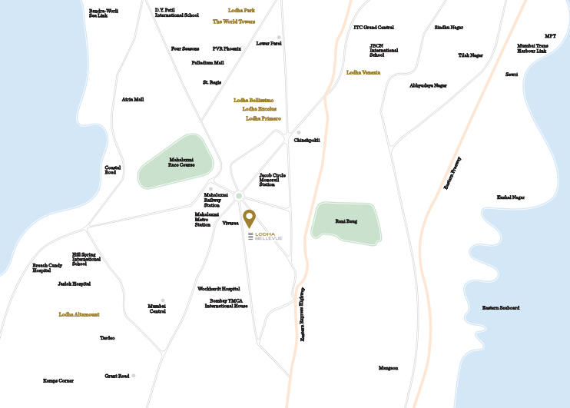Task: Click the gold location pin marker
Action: (250, 217)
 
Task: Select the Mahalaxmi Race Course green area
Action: (177, 163)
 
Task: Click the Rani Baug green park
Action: (346, 223)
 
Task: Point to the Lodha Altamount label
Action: (79, 314)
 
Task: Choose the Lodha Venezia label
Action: (363, 72)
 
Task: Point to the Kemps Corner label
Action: (59, 380)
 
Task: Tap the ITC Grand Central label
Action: (373, 27)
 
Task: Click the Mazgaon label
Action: (389, 368)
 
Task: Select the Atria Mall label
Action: (133, 99)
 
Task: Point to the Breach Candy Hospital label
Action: (47, 267)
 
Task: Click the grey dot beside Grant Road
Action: (133, 376)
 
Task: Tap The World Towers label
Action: (234, 22)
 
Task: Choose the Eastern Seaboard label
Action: (501, 307)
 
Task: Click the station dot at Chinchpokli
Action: (299, 132)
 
